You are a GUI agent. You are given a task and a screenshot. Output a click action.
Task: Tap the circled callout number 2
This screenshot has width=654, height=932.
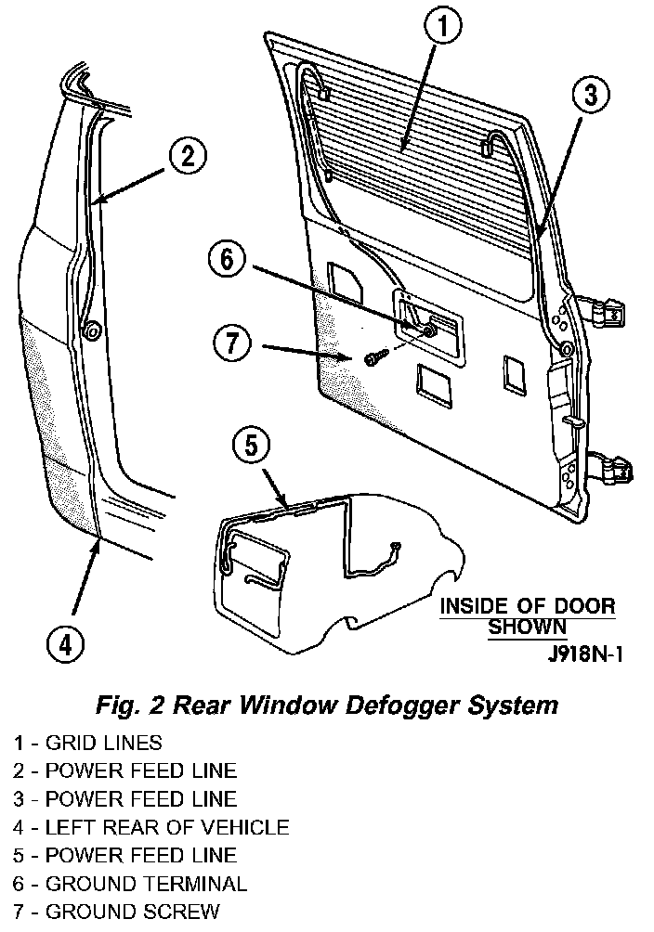click(187, 156)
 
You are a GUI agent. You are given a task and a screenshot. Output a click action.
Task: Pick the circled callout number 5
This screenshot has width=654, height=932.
click(249, 447)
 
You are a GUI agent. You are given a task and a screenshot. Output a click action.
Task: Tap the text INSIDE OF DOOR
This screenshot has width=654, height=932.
click(527, 607)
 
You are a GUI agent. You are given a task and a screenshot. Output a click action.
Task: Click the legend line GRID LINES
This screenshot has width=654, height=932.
click(87, 743)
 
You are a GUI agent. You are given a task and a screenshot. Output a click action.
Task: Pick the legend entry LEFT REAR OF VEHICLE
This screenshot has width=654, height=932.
click(151, 827)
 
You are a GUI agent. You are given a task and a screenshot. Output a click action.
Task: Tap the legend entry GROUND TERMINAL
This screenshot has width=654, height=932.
click(130, 884)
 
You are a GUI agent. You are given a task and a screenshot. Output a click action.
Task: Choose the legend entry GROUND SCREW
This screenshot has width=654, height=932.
click(117, 912)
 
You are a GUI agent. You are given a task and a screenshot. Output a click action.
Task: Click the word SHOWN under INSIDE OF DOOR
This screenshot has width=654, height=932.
click(527, 628)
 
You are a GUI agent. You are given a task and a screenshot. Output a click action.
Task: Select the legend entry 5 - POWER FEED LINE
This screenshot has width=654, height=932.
click(125, 855)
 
